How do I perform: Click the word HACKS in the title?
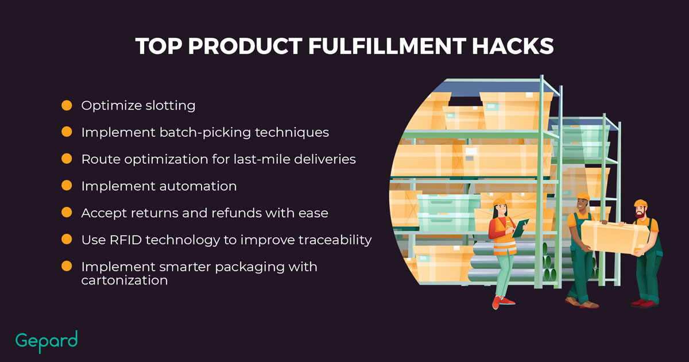point(513,46)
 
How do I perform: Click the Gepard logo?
point(47,341)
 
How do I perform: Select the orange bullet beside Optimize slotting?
point(67,105)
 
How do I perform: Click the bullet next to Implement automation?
point(67,186)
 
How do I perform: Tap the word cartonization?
point(125,280)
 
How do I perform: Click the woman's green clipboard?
point(520,228)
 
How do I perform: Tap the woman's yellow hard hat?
point(500,202)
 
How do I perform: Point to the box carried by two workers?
point(614,237)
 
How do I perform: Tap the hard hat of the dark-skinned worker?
point(583,197)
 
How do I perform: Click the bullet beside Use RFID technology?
point(67,239)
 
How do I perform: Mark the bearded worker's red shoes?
point(645,303)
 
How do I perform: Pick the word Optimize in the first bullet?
point(111,106)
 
